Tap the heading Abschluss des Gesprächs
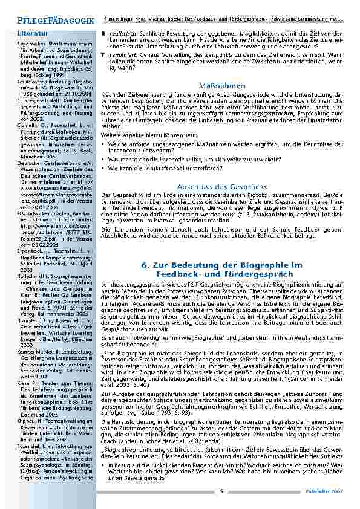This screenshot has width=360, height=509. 221,187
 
